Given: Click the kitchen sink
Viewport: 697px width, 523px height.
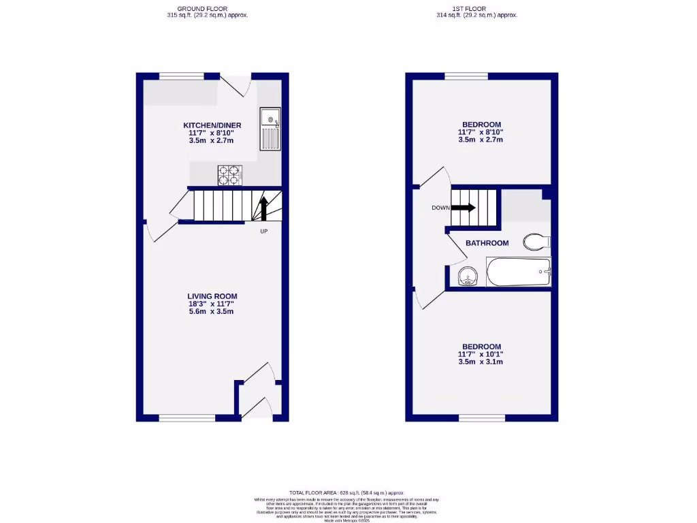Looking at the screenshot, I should click(270, 129).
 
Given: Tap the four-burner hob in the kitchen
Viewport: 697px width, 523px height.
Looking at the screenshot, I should click(230, 175).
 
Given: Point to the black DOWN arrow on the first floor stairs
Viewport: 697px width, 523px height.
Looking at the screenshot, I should click(463, 208).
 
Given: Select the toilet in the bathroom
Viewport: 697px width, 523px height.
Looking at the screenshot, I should click(536, 241).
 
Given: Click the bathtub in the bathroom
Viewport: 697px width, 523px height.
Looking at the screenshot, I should click(518, 272).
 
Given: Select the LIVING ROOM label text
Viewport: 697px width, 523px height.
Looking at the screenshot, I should click(212, 296).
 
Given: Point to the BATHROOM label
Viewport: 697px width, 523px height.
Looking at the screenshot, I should click(487, 243).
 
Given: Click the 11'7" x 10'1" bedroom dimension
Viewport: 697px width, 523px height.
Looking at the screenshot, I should click(481, 354).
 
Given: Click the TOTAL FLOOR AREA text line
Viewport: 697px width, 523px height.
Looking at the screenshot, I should click(347, 492).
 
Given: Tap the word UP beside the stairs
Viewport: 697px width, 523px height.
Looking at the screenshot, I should click(263, 232).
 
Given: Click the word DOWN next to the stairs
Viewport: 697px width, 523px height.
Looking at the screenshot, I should click(440, 208).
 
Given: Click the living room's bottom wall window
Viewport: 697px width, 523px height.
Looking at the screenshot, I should click(187, 417).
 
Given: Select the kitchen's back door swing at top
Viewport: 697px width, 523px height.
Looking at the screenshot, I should click(238, 86).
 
